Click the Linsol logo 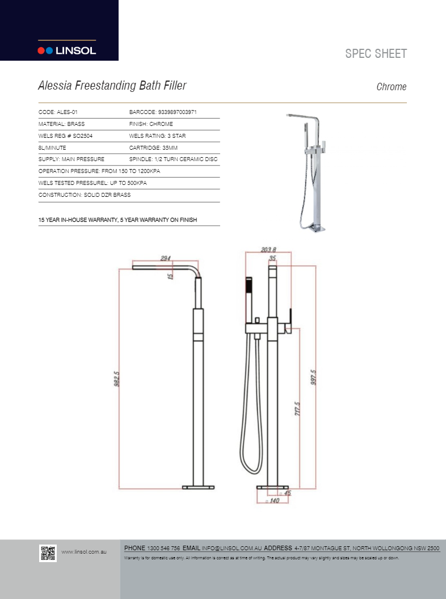point(66,50)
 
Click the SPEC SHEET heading point(376,54)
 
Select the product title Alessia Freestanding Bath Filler point(112,86)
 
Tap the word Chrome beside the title point(392,87)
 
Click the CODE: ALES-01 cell point(58,112)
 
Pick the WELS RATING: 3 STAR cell point(157,136)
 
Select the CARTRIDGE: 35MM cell point(153,148)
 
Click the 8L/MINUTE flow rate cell point(52,148)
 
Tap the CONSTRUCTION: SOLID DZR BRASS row point(85,195)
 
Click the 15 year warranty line point(117,220)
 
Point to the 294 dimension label point(165,259)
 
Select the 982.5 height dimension point(116,379)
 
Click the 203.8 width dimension point(268,250)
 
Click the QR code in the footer point(48,553)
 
